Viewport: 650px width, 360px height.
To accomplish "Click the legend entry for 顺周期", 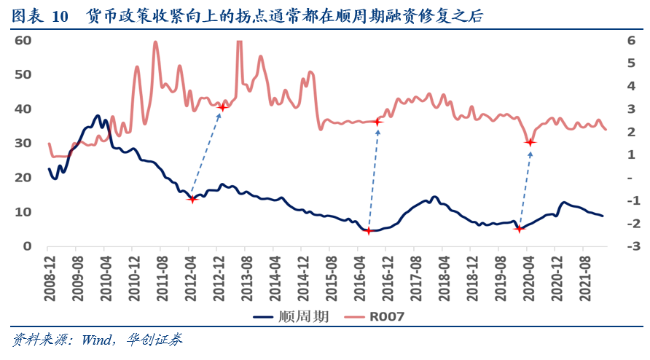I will pyautogui.click(x=291, y=317).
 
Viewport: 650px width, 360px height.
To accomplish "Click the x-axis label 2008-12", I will pyautogui.click(x=50, y=275).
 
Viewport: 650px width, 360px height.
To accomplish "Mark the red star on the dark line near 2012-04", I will pyautogui.click(x=192, y=198).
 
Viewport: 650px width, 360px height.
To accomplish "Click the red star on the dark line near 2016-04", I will pyautogui.click(x=368, y=231).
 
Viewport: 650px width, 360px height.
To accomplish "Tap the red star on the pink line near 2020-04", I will pyautogui.click(x=530, y=142).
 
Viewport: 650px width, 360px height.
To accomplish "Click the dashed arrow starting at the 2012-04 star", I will pyautogui.click(x=207, y=153).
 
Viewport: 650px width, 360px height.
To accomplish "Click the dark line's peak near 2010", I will pyautogui.click(x=98, y=115).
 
